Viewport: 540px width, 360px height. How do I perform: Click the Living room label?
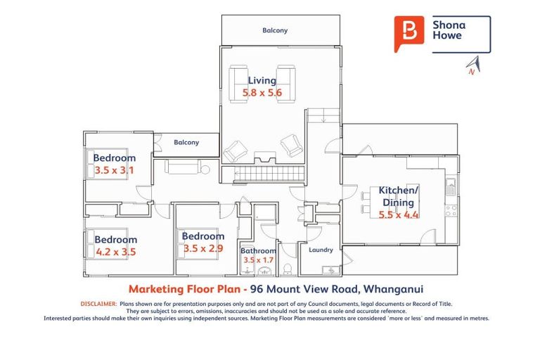pos(262,80)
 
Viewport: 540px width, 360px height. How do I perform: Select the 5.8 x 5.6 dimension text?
pos(262,92)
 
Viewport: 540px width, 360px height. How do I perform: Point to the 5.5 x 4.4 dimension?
pos(399,214)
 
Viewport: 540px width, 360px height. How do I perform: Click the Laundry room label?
pos(320,250)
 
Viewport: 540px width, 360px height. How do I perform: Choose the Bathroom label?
pos(258,251)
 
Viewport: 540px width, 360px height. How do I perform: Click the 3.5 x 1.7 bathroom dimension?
pos(258,260)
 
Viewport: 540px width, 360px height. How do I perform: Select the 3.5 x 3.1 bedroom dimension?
pos(114,170)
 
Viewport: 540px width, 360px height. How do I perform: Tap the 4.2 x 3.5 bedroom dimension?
pos(115,251)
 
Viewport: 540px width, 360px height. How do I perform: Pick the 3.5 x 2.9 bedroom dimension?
pos(203,248)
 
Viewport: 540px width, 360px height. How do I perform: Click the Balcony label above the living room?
pos(275,31)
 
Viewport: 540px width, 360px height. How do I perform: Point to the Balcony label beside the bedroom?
pos(186,142)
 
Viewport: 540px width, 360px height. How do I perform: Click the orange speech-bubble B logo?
pos(408,32)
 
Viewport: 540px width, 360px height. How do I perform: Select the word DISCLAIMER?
pos(98,304)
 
